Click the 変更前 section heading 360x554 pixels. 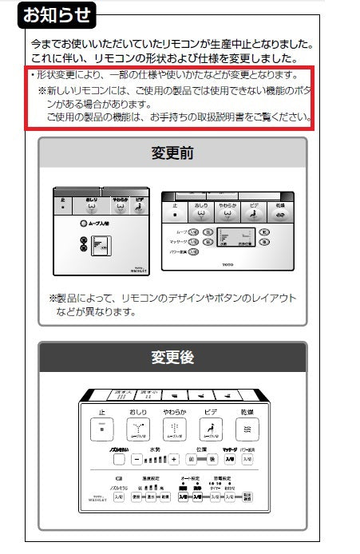172,152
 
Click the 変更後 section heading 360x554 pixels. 172,358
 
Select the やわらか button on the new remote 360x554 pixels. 174,429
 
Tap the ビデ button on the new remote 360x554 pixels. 211,429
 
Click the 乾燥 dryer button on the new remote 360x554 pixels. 247,429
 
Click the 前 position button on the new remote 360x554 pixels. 191,460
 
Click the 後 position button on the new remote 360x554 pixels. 212,460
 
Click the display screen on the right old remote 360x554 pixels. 235,238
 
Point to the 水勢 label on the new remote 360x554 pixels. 156,449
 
